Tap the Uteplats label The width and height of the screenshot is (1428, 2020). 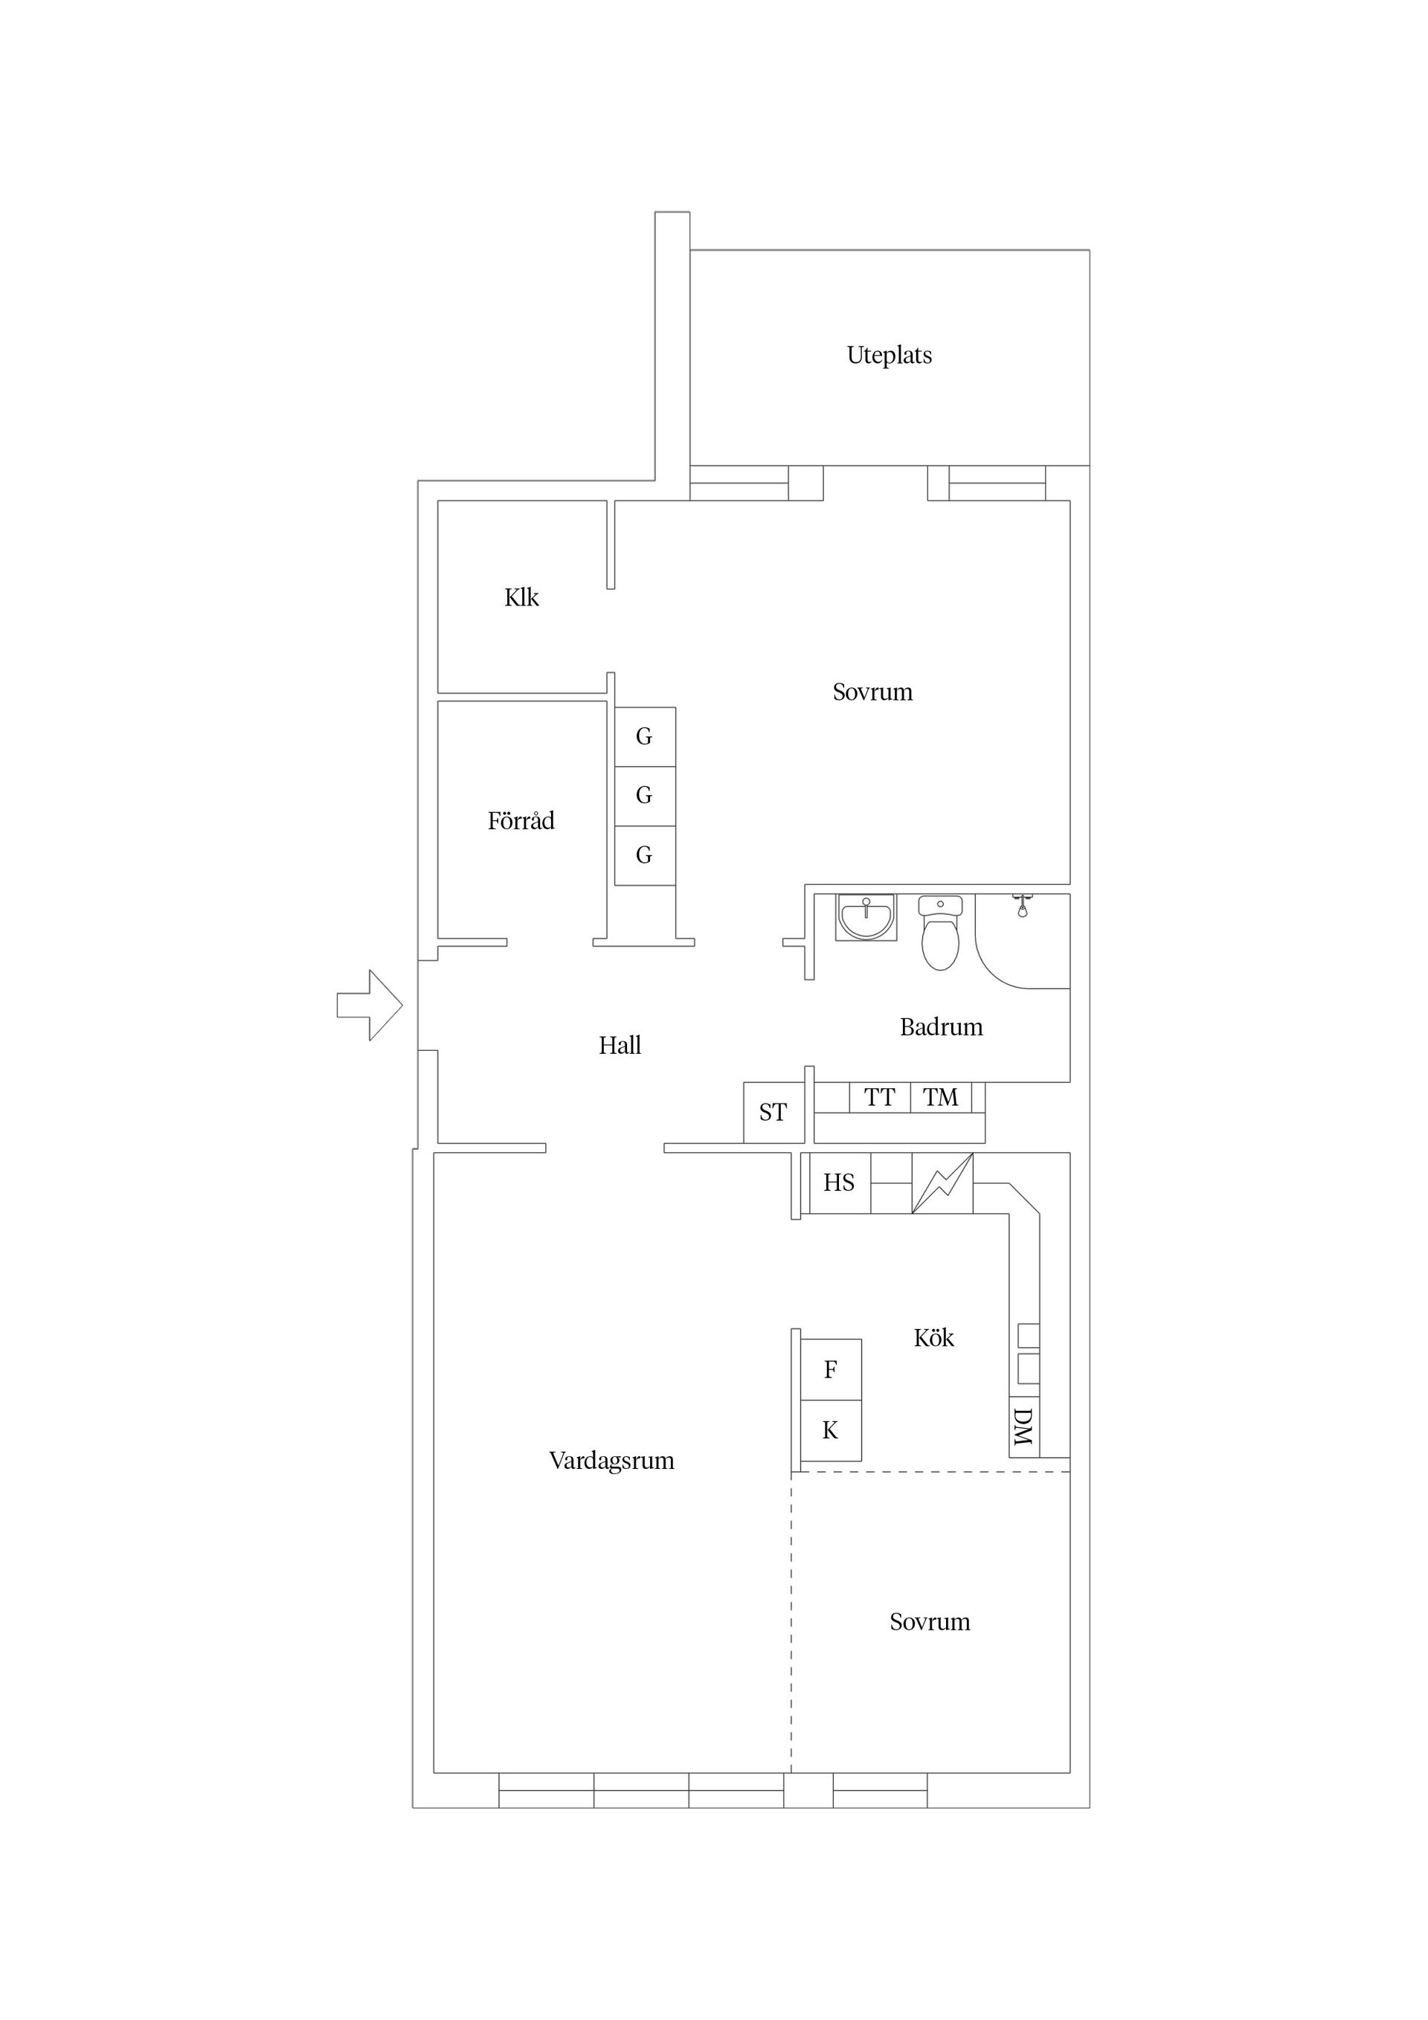tap(889, 356)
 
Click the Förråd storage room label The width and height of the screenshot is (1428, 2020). tap(521, 821)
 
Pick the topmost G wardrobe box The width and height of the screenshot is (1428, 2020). tap(644, 736)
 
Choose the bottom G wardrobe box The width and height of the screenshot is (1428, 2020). tap(644, 855)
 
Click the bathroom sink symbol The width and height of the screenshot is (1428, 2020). tap(866, 917)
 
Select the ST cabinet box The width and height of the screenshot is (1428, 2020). tap(773, 1112)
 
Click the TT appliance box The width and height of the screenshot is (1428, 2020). tap(879, 1097)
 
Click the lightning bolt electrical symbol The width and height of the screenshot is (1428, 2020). tap(942, 1183)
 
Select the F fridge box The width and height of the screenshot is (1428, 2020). tap(830, 1369)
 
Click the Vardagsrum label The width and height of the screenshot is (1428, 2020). tap(611, 1461)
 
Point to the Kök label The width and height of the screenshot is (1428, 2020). tap(933, 1338)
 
